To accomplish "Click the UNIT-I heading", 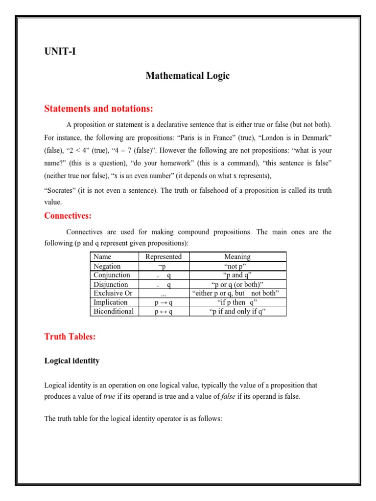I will tap(60, 50).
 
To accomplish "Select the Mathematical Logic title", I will tap(188, 76).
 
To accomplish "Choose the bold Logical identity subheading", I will tap(72, 361).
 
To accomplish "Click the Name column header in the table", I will tap(102, 257).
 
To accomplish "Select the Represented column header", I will tap(164, 257).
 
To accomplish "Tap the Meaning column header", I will tap(237, 257).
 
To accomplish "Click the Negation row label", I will tap(107, 266).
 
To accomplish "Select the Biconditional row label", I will tap(114, 311).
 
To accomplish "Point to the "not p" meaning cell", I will tap(237, 266).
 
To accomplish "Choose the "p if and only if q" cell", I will tap(237, 311).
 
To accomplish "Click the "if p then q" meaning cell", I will tap(237, 302).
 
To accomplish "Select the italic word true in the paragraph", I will tap(109, 396).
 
